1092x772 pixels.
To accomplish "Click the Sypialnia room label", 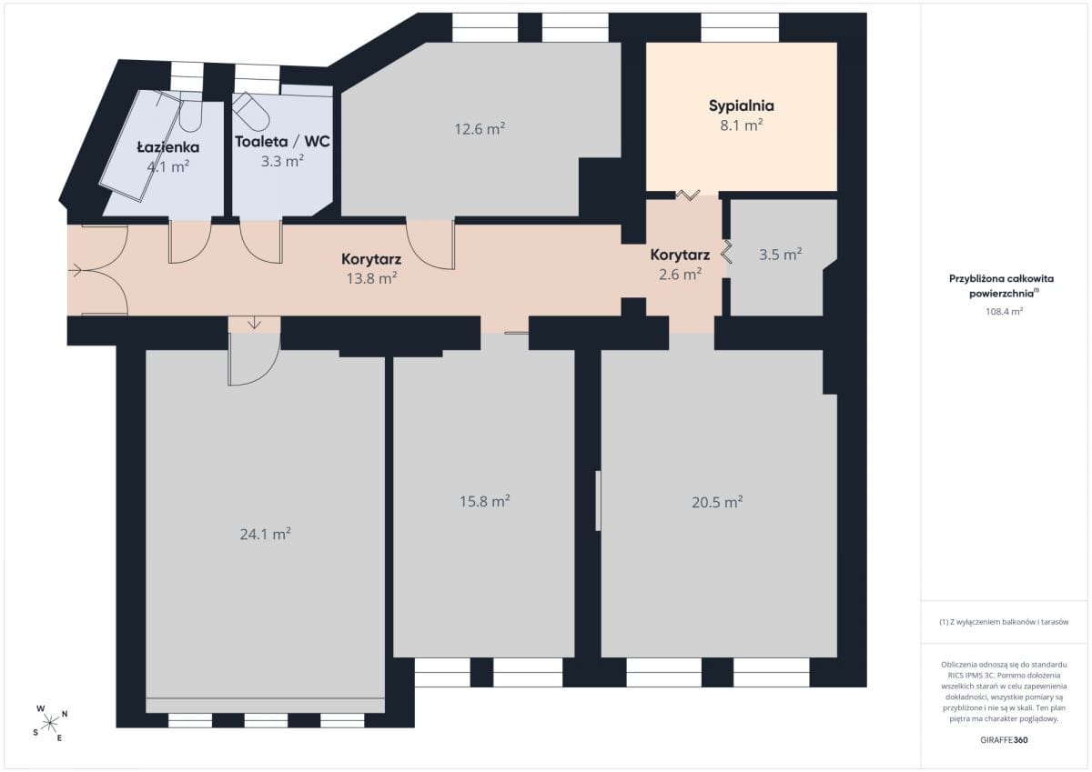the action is point(741,106).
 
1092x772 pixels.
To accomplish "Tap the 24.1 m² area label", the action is point(265,535).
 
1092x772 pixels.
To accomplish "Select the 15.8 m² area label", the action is point(484,501).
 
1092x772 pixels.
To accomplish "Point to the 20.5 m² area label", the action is point(717,502).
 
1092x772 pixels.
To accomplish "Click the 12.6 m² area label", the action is point(480,128).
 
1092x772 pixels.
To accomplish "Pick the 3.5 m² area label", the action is point(780,255).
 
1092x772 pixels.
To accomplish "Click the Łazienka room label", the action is point(168,147).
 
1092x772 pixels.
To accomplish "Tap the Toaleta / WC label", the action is point(282,142).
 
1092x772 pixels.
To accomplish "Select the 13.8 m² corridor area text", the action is point(371,278).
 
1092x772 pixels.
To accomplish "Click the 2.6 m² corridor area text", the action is point(680,275).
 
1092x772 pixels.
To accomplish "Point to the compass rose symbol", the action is point(50,723).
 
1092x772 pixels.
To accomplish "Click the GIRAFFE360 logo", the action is point(1004,740).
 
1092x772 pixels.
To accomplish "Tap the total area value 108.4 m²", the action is point(1004,311).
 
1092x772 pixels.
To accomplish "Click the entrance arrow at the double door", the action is point(76,269).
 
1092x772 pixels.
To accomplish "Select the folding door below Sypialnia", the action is point(687,195).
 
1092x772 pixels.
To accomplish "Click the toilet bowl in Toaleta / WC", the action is point(250,111).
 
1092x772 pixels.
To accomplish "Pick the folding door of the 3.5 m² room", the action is point(726,251).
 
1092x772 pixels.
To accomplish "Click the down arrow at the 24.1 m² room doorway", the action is point(254,323).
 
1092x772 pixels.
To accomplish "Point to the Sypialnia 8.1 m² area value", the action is point(742,125).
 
